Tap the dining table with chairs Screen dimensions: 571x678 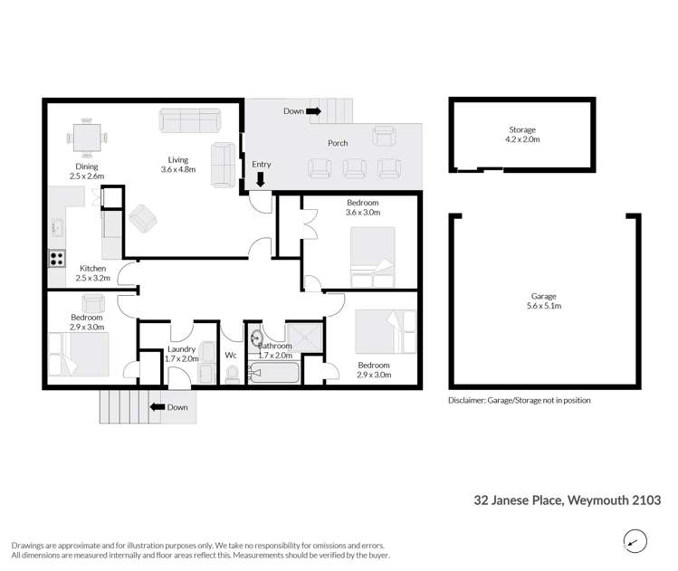pyautogui.click(x=87, y=138)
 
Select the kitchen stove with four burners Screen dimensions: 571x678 pyautogui.click(x=56, y=257)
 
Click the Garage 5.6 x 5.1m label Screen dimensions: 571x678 pyautogui.click(x=544, y=301)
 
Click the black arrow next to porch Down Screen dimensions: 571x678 pyautogui.click(x=314, y=111)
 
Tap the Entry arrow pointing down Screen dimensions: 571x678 pyautogui.click(x=261, y=179)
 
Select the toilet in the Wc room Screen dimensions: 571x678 pyautogui.click(x=232, y=372)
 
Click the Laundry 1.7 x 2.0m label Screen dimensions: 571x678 pyautogui.click(x=182, y=354)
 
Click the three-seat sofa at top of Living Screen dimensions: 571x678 pyautogui.click(x=188, y=120)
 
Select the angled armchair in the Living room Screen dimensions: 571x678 pyautogui.click(x=142, y=218)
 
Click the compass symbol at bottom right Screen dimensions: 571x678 pyautogui.click(x=636, y=541)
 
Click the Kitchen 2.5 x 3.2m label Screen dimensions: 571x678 pyautogui.click(x=94, y=273)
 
